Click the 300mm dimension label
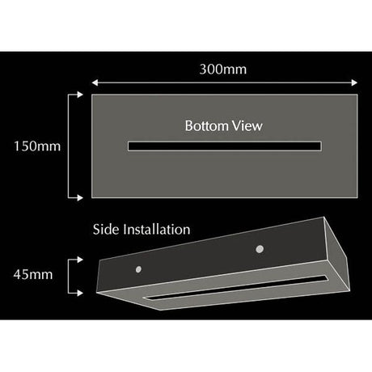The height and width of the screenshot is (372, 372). pyautogui.click(x=223, y=70)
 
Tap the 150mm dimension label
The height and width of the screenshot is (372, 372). pyautogui.click(x=37, y=146)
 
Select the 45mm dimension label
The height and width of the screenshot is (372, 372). pyautogui.click(x=33, y=274)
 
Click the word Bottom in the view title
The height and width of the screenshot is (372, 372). pyautogui.click(x=207, y=126)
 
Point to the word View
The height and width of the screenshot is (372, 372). pyautogui.click(x=247, y=126)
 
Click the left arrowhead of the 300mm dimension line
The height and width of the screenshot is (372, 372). pyautogui.click(x=95, y=82)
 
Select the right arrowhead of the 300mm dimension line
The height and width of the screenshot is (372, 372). pyautogui.click(x=354, y=82)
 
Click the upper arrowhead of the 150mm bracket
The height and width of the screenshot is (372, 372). pyautogui.click(x=80, y=95)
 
